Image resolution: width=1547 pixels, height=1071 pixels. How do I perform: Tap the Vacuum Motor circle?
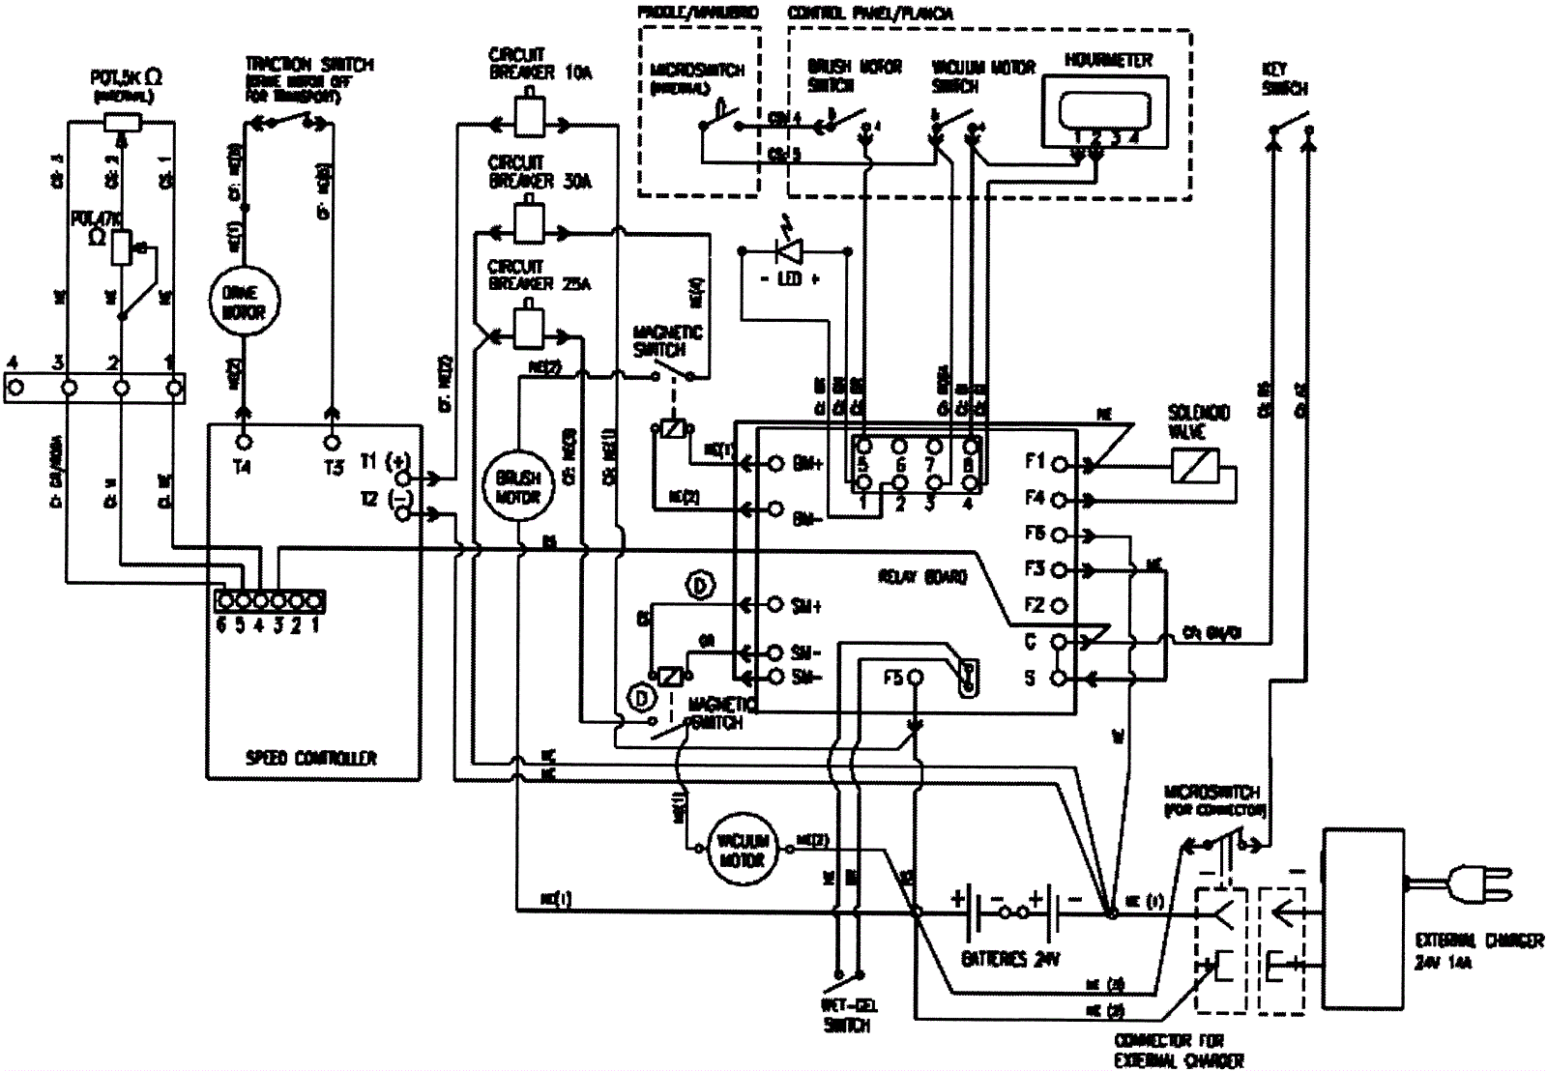743,851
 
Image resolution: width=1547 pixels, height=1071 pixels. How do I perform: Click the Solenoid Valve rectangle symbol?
1194,467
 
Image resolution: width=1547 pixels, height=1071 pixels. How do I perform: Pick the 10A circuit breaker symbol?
529,119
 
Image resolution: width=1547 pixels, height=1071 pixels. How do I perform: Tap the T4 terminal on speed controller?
244,443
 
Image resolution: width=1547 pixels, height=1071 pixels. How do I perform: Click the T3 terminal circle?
332,443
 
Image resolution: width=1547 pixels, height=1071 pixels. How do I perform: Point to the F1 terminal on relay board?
1060,464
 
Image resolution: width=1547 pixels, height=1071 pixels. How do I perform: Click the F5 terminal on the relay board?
914,679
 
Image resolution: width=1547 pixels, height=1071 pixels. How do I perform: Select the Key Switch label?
1284,79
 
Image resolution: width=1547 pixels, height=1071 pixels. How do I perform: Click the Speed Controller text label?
310,758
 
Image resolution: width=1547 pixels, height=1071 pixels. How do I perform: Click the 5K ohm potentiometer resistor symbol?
122,123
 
